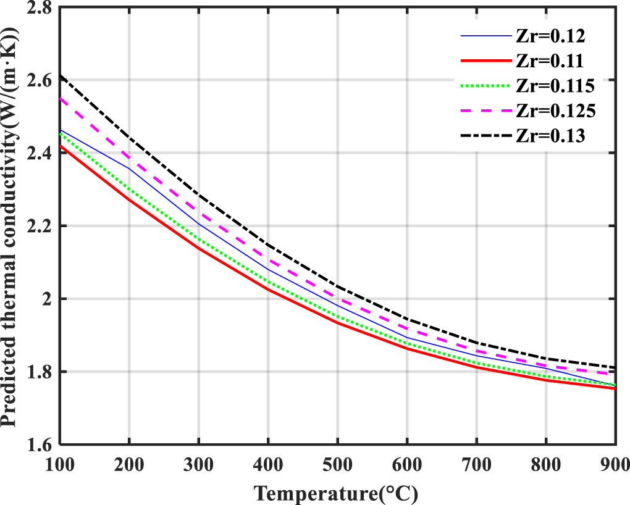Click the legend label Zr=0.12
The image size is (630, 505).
548,36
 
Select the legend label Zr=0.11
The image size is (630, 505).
548,61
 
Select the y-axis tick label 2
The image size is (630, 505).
48,299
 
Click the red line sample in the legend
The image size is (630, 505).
485,61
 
